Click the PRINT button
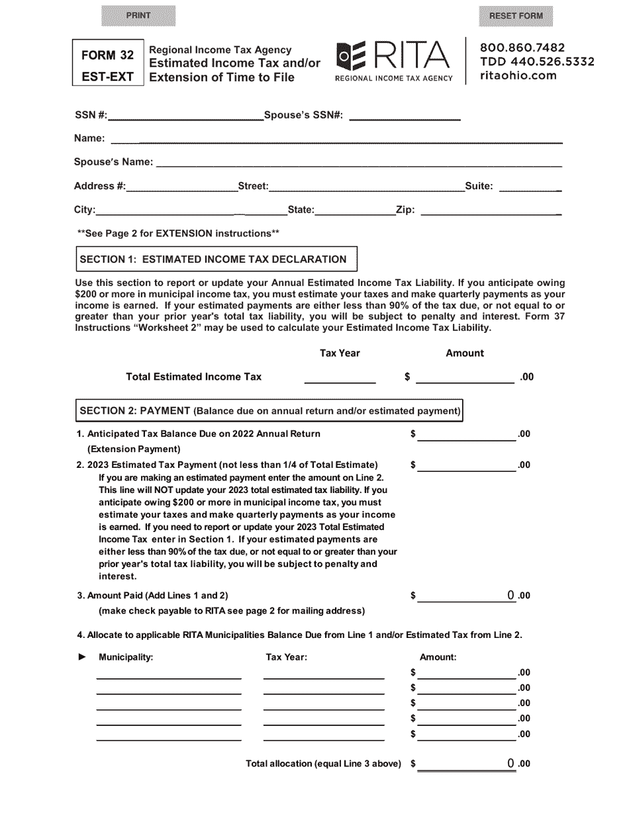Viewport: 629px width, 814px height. (138, 15)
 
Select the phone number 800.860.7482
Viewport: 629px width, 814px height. (522, 48)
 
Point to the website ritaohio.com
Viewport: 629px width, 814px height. (518, 75)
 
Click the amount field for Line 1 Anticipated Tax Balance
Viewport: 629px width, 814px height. (466, 434)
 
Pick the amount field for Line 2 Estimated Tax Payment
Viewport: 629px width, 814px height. (466, 465)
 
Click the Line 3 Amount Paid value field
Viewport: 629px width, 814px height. (466, 596)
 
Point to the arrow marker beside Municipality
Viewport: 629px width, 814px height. (82, 657)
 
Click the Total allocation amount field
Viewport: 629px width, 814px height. (466, 764)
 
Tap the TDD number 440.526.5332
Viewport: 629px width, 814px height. (537, 62)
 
